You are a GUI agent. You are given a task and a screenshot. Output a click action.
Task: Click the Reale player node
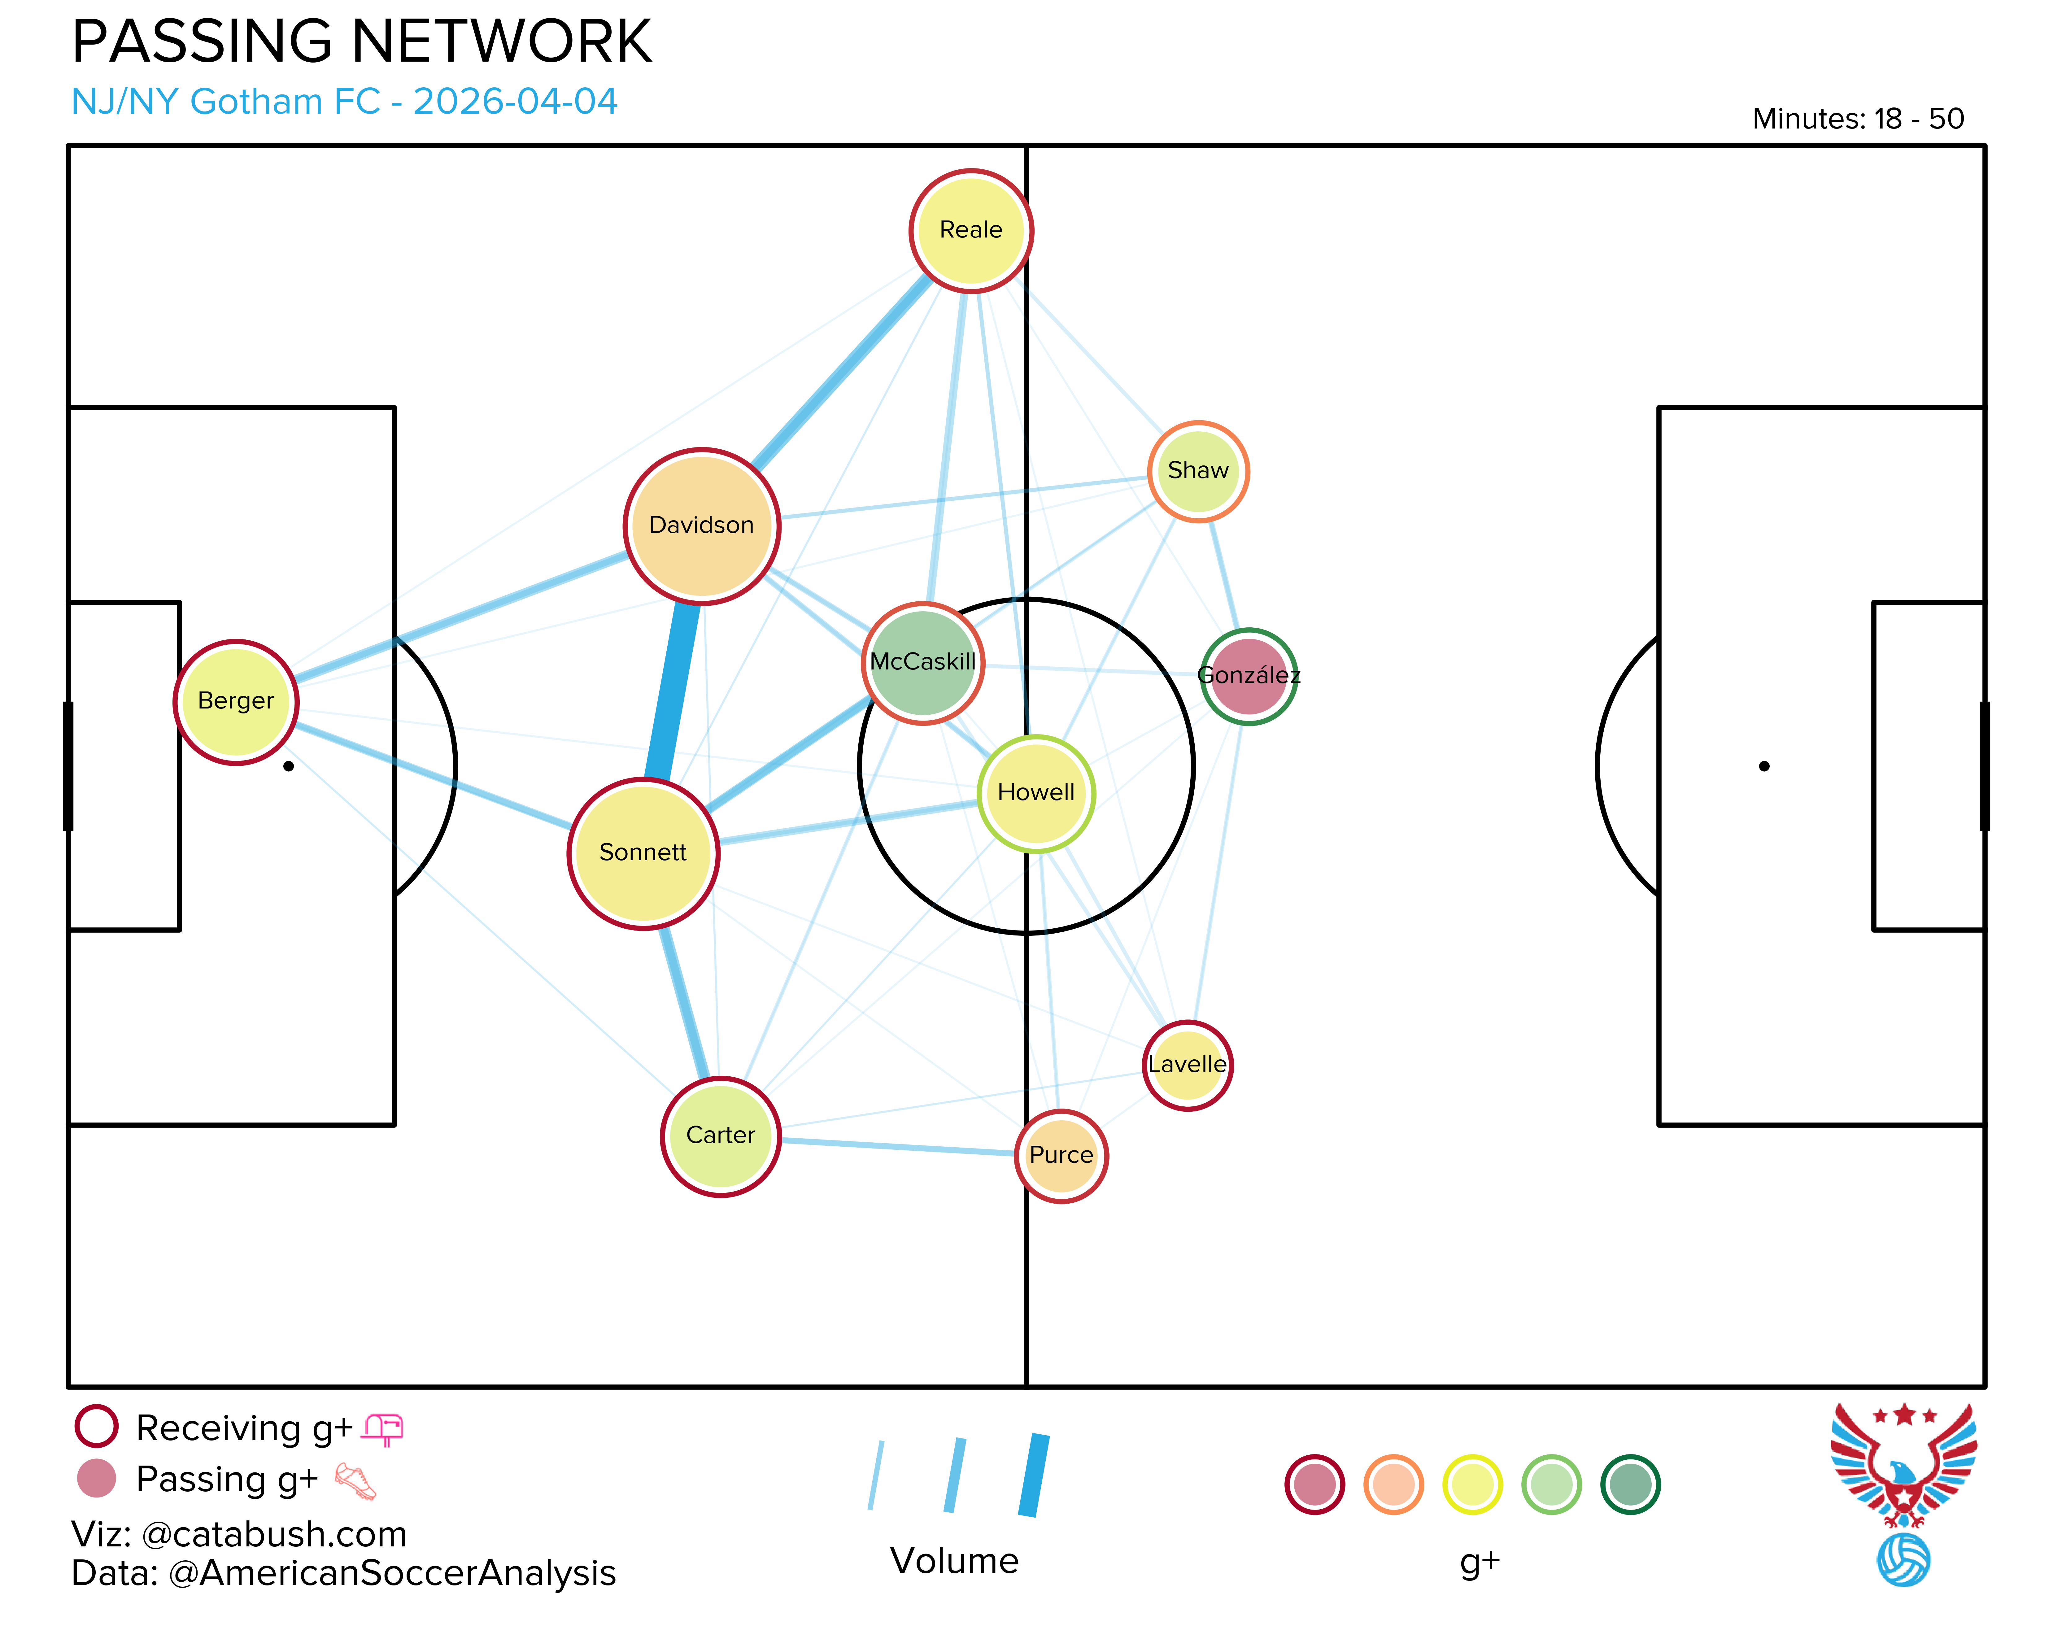point(971,230)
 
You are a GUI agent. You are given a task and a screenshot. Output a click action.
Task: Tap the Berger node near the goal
point(236,702)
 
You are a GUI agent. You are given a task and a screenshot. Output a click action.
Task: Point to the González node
point(1249,676)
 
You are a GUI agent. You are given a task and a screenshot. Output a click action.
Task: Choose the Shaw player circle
point(1198,471)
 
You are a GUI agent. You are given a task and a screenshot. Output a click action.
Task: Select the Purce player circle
point(1061,1156)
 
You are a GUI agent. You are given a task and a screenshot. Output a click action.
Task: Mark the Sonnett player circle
point(643,853)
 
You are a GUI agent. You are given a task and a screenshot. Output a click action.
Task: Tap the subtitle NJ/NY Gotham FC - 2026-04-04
point(345,101)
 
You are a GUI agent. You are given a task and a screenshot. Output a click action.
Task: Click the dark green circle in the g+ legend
point(1630,1484)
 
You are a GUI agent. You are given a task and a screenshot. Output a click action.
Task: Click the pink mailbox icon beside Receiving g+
point(384,1429)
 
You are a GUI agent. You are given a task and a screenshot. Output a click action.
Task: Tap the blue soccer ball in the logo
point(1903,1559)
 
